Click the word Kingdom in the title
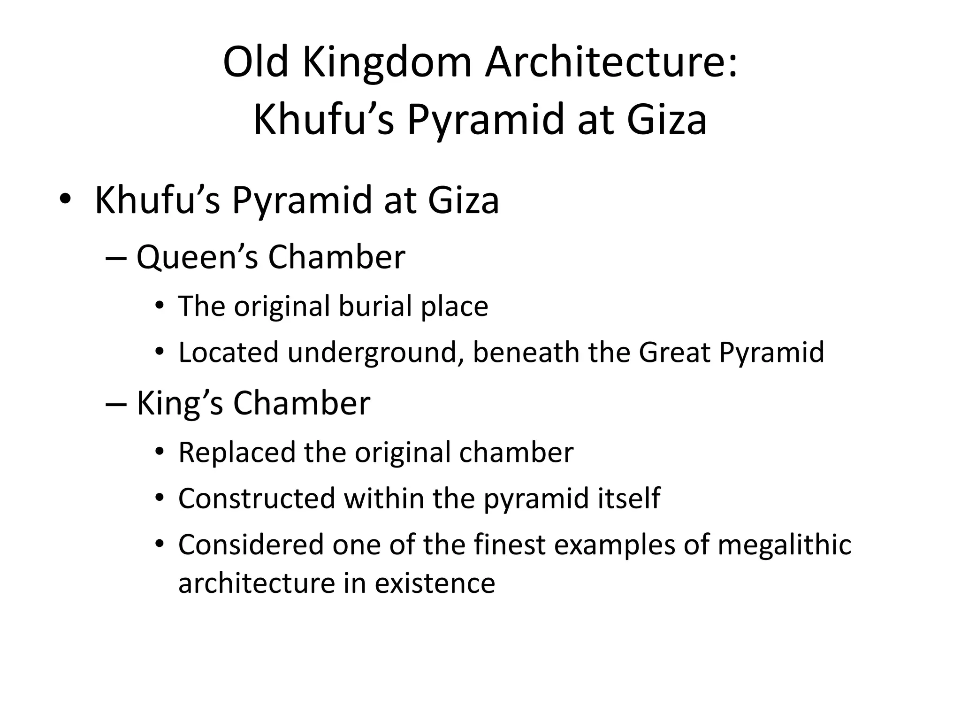387,63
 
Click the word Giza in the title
666,120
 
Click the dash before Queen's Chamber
116,258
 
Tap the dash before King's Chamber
116,404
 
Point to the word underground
372,353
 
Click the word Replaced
236,453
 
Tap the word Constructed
256,499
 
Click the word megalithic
784,545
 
